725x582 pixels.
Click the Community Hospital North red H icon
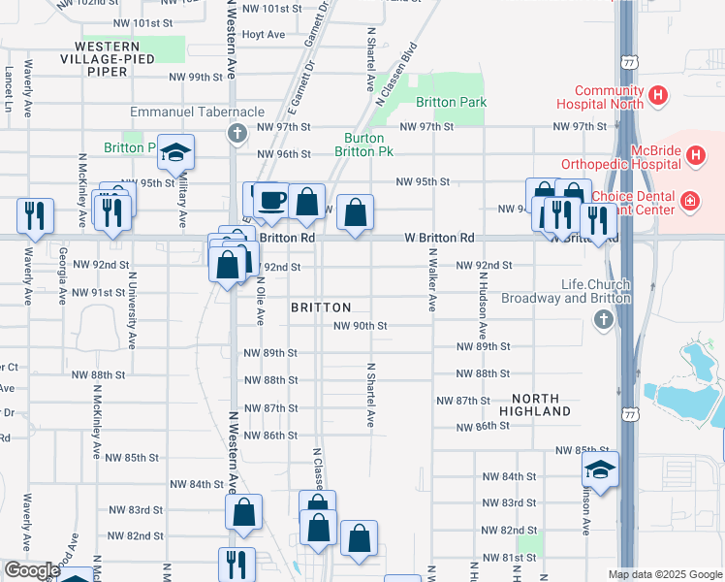point(659,96)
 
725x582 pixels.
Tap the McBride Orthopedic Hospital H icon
point(694,154)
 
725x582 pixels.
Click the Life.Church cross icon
point(603,319)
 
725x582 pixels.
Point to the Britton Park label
point(451,102)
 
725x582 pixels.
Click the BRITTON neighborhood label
point(321,307)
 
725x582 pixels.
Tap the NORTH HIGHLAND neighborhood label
point(535,405)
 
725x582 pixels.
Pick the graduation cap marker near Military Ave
point(175,152)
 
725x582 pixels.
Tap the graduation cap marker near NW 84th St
point(601,469)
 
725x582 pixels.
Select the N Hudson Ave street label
point(482,304)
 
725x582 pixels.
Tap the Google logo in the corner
point(31,570)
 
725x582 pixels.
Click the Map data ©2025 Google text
point(665,574)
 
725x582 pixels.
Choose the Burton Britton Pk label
point(363,145)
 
